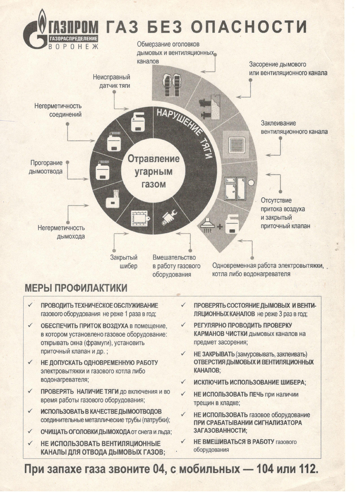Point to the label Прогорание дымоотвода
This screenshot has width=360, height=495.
point(45,166)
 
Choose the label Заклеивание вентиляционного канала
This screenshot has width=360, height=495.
point(294,127)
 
